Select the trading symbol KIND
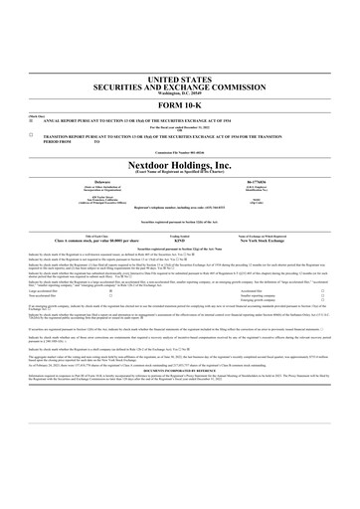(x=180, y=240)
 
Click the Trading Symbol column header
(x=180, y=235)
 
